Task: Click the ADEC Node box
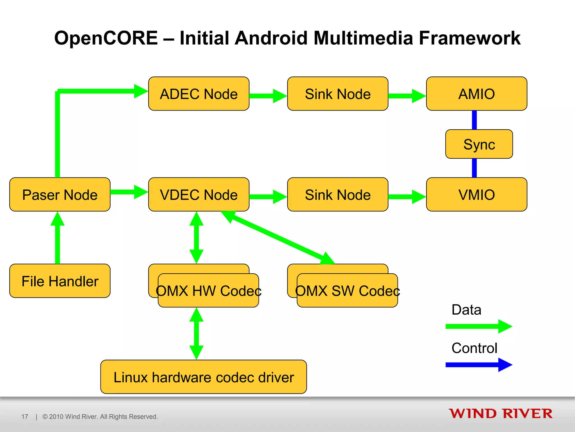(198, 94)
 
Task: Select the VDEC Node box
(198, 194)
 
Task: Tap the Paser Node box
(60, 194)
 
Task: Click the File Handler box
(60, 281)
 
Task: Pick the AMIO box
(476, 94)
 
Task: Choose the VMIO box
(476, 194)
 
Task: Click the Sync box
(479, 144)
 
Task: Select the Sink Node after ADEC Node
(338, 94)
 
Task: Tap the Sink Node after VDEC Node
(338, 194)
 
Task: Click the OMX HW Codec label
(208, 291)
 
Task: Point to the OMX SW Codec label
(347, 291)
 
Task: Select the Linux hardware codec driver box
(204, 377)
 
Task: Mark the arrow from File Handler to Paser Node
(58, 239)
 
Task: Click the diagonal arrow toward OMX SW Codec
(278, 238)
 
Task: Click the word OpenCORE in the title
(106, 38)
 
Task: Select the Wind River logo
(500, 414)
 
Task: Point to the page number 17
(25, 417)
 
